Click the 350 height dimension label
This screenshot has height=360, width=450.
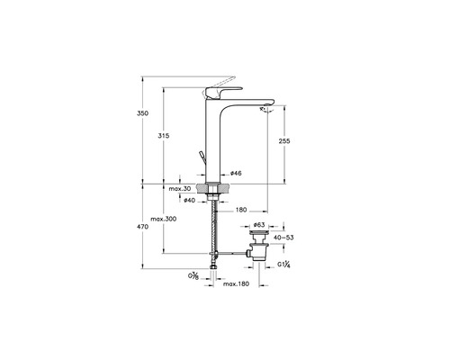142,113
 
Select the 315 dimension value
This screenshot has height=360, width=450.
164,136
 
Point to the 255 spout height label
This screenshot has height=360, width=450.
284,140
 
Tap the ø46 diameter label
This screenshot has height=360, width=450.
236,173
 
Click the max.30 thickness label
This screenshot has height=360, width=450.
180,189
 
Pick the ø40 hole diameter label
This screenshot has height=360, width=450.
190,200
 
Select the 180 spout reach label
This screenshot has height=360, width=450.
241,210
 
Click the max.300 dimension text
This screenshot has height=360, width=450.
163,219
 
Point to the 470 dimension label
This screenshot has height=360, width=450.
142,227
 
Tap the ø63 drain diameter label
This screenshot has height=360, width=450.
259,224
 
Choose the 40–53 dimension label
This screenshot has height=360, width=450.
283,238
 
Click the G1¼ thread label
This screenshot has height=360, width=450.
283,265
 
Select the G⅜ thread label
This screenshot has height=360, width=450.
193,276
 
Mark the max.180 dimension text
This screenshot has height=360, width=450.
236,283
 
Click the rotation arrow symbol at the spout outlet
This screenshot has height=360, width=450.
266,110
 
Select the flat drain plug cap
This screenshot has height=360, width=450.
259,232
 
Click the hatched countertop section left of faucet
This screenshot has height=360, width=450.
201,187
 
